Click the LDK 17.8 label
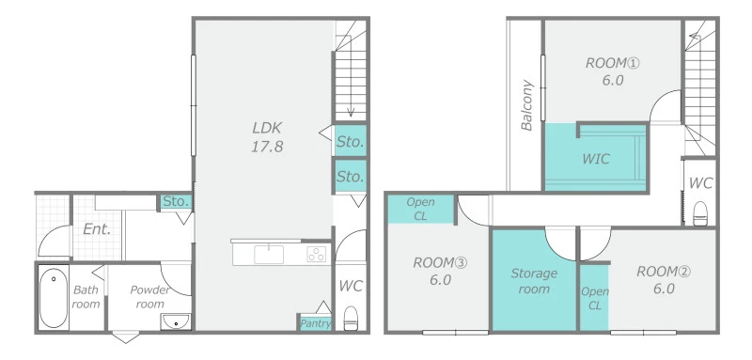click(x=267, y=137)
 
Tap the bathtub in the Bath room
click(x=54, y=297)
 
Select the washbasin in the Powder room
click(x=176, y=321)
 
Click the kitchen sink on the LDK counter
click(x=269, y=254)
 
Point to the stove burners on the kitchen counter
click(x=317, y=254)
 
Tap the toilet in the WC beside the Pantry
click(x=351, y=318)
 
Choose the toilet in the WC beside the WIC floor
click(x=700, y=213)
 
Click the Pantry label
click(x=315, y=323)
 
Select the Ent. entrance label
click(x=97, y=229)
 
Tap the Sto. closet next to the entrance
click(x=177, y=201)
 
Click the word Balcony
click(x=527, y=105)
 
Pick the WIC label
click(x=596, y=159)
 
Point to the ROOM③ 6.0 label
click(x=440, y=272)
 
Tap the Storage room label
click(x=534, y=281)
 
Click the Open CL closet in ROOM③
click(x=420, y=209)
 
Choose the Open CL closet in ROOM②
click(x=595, y=298)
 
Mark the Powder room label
click(x=149, y=297)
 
